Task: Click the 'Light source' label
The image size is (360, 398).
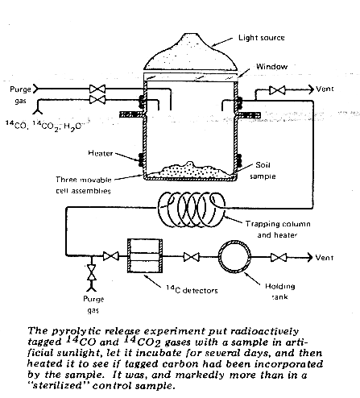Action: click(262, 38)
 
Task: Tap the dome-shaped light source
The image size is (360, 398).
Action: click(191, 55)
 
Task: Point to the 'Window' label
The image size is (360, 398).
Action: click(271, 66)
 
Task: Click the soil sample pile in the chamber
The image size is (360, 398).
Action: click(190, 171)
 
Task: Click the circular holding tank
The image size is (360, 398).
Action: click(234, 257)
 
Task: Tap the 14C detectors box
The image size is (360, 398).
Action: click(145, 255)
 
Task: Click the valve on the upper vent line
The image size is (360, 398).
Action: click(277, 90)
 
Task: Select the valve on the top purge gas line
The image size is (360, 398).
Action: click(97, 89)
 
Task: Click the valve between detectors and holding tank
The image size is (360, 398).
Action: click(191, 257)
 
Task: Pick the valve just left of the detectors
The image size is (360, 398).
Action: click(111, 256)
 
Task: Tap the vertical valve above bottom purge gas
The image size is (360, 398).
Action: click(92, 272)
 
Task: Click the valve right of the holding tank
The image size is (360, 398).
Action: click(279, 258)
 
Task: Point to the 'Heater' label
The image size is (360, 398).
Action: click(101, 153)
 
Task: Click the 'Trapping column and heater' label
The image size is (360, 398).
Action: click(278, 230)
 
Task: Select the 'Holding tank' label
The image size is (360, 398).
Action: click(280, 292)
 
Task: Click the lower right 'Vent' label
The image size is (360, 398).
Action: click(325, 258)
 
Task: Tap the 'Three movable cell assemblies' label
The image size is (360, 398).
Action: click(84, 185)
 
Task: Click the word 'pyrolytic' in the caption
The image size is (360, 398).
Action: click(70, 331)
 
